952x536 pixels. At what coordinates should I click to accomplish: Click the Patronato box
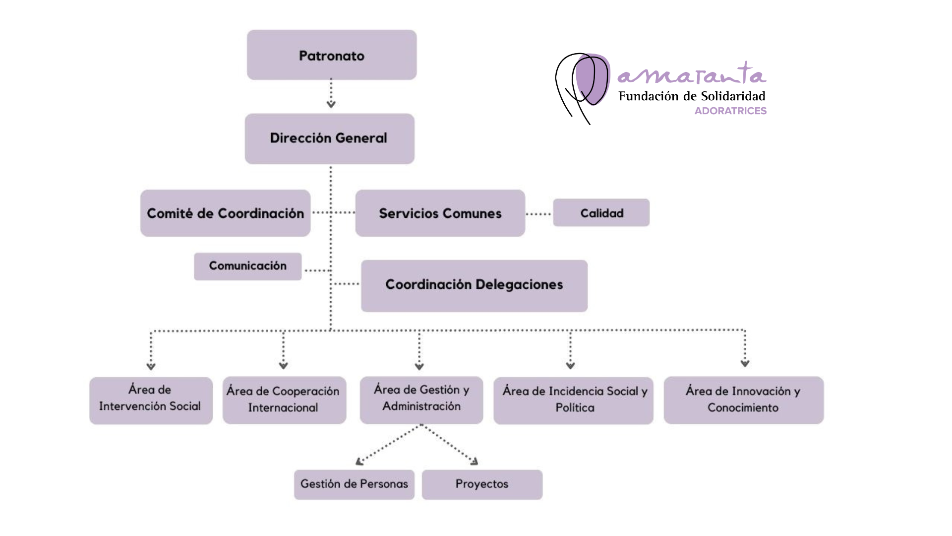click(x=332, y=55)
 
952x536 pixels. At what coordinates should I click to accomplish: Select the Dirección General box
click(x=329, y=138)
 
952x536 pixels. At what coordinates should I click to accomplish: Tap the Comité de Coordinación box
click(x=225, y=213)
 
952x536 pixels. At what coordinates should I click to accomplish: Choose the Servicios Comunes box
click(x=440, y=213)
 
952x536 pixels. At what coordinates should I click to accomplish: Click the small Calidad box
click(x=601, y=213)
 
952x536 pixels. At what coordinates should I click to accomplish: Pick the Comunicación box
click(x=247, y=266)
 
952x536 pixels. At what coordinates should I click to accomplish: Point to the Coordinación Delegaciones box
click(x=474, y=285)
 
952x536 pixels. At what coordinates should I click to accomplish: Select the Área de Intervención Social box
click(x=151, y=400)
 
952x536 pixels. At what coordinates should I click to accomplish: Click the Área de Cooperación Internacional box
click(x=284, y=400)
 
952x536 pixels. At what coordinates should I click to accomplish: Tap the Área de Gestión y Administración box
click(x=421, y=400)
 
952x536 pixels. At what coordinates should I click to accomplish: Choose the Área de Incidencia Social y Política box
click(x=573, y=400)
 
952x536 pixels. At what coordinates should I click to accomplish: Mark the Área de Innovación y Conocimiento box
click(x=743, y=400)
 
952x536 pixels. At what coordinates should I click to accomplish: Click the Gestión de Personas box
click(x=354, y=484)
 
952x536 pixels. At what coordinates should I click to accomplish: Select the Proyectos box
click(x=482, y=484)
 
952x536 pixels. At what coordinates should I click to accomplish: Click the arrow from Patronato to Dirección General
click(x=331, y=94)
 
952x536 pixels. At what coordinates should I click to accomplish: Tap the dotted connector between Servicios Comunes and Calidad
click(x=538, y=214)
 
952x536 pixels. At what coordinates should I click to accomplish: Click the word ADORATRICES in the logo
click(x=730, y=111)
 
